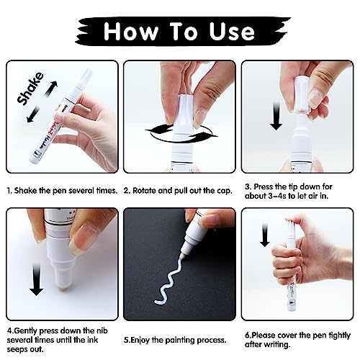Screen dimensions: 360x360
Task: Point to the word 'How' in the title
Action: (132, 32)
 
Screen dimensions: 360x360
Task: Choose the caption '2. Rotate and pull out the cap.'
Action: (177, 191)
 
